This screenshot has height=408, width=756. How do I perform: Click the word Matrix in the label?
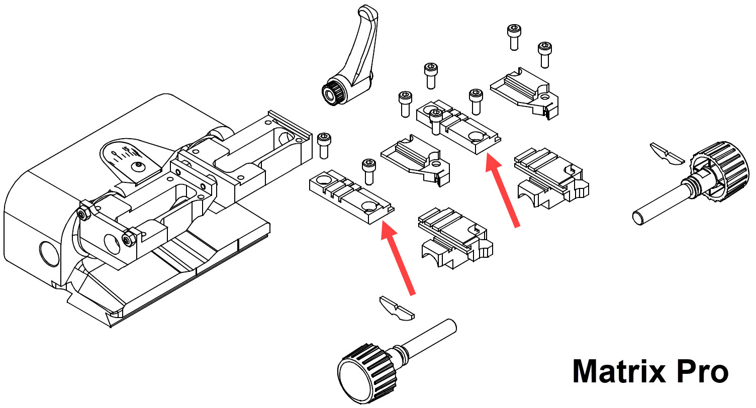[619, 372]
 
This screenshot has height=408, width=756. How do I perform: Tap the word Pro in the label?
[702, 372]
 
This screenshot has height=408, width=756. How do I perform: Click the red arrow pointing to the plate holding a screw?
[503, 191]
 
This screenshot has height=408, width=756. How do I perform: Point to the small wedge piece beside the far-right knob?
[667, 154]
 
